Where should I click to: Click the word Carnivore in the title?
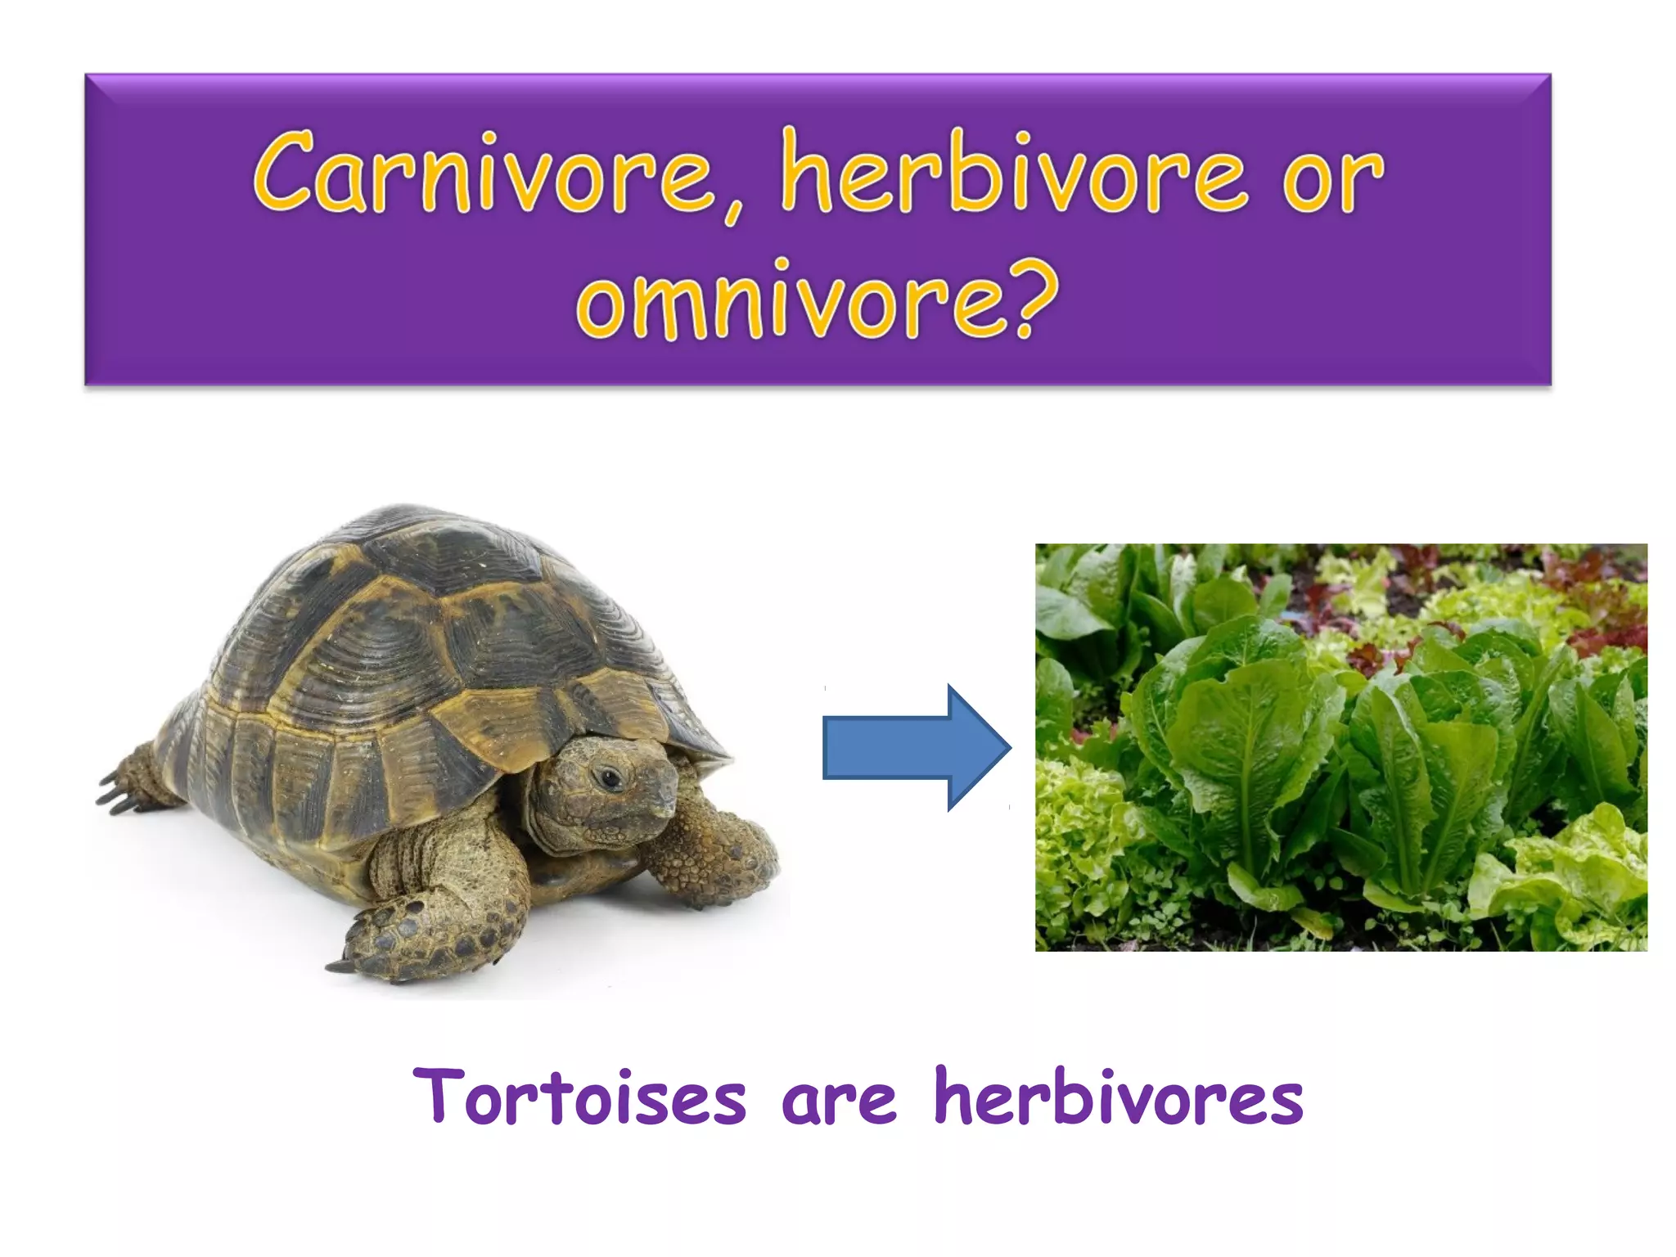pos(483,173)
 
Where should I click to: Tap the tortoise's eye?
pos(610,777)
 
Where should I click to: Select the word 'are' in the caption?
pos(839,1102)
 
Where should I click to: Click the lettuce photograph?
pos(1340,746)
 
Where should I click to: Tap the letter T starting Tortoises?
pos(439,1095)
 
